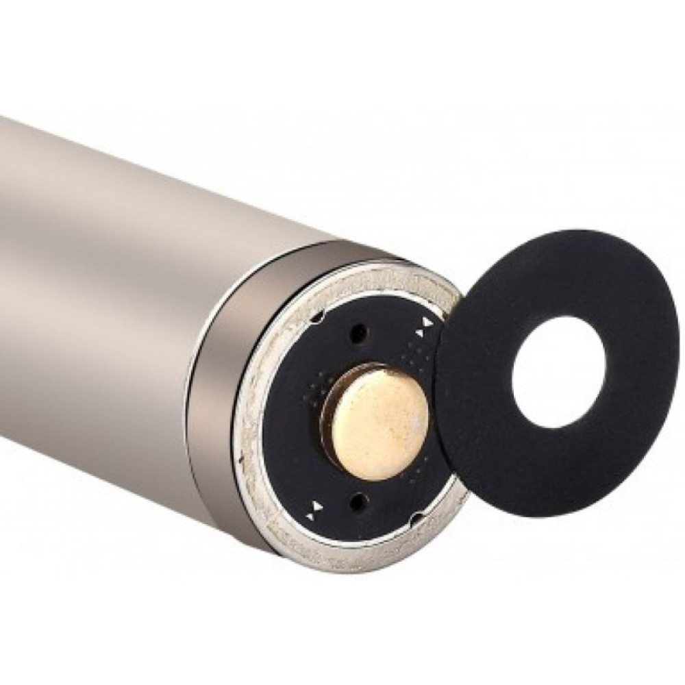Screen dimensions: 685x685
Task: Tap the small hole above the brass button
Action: [x=357, y=335]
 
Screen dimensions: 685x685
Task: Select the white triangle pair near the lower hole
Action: [x=317, y=507]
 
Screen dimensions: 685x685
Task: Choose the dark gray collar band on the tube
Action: [x=226, y=384]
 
